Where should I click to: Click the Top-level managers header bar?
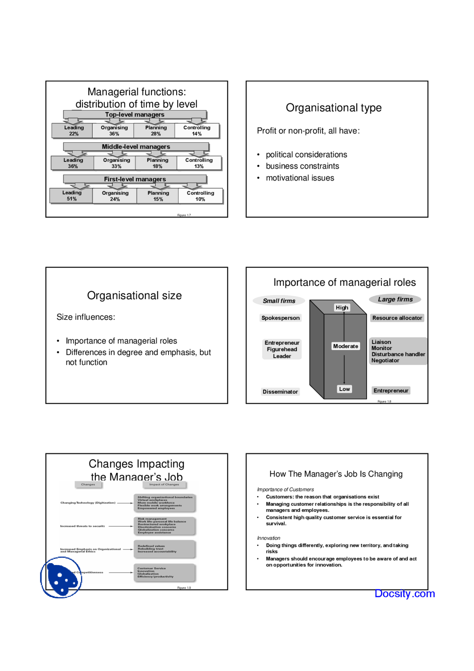coord(134,114)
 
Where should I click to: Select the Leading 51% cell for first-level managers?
coord(71,196)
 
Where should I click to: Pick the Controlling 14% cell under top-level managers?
coord(197,130)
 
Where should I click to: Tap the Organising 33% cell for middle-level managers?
coord(116,163)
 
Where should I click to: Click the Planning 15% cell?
coord(158,196)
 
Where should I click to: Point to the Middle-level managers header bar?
coord(136,147)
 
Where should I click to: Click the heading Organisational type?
coord(333,108)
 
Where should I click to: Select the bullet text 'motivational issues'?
coord(300,178)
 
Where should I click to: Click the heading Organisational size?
coord(134,296)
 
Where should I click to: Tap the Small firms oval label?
coord(279,301)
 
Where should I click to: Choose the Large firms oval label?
coord(395,299)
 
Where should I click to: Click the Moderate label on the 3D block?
coord(346,346)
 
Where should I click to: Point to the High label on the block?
coord(342,308)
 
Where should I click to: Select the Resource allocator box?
coord(397,318)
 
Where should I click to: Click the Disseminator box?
coord(280,392)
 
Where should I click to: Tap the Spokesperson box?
coord(280,318)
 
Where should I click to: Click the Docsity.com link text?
coord(404,594)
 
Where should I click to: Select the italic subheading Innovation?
coord(268,538)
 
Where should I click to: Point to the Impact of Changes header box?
coord(164,484)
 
